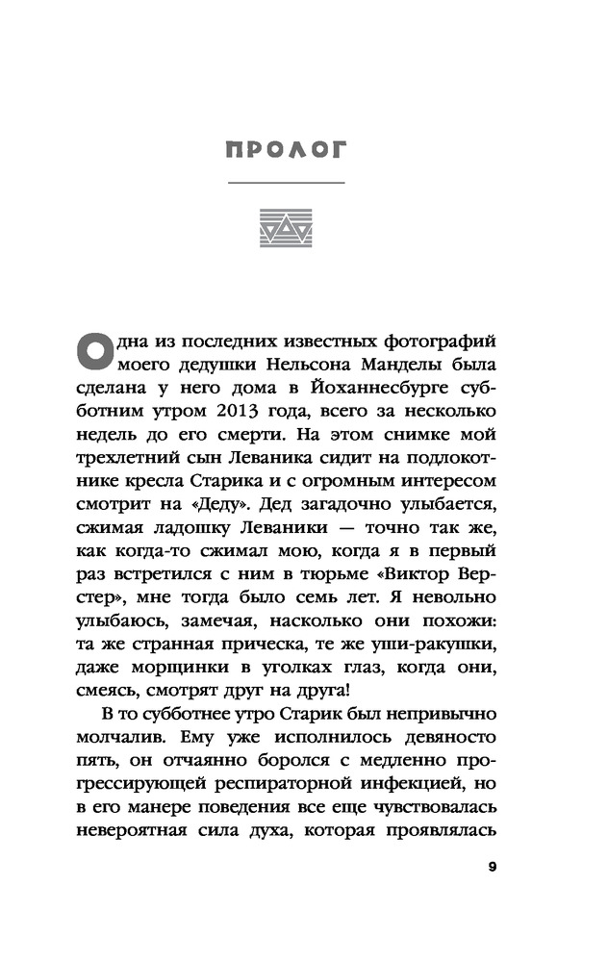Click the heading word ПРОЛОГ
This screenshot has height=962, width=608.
286,150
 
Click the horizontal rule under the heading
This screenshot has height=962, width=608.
286,184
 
